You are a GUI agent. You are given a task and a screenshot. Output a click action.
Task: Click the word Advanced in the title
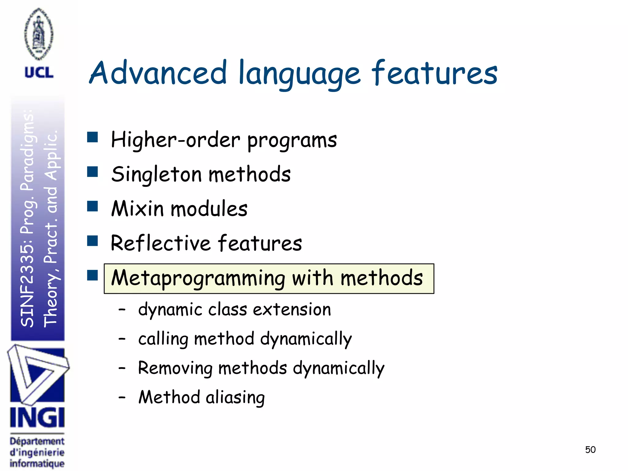[158, 73]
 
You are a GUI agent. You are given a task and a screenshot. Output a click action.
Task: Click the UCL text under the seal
[39, 73]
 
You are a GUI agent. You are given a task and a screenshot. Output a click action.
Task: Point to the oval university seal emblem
[39, 34]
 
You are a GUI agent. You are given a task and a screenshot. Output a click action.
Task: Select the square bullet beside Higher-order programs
[92, 137]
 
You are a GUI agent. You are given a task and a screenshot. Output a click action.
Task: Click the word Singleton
[156, 174]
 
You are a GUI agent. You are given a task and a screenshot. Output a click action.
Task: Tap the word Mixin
[137, 209]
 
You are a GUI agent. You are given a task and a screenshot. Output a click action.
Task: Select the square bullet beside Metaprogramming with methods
[92, 275]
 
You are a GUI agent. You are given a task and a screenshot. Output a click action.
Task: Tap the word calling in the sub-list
[163, 339]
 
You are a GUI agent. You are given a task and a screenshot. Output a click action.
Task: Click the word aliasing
[235, 398]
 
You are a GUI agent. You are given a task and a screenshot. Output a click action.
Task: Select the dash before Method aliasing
[122, 397]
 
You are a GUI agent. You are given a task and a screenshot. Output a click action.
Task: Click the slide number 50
[590, 450]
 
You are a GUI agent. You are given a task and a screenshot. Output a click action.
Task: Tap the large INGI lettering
[37, 418]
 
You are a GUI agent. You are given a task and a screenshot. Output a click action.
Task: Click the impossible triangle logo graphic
[37, 374]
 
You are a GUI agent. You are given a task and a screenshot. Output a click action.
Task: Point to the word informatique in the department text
[37, 463]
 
